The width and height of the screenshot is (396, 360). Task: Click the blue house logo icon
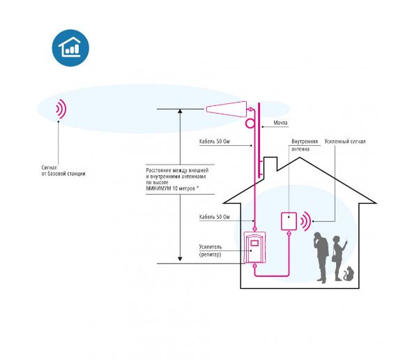pos(70,48)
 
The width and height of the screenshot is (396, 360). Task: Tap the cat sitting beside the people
pos(349,273)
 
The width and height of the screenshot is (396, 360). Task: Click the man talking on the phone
pos(321,257)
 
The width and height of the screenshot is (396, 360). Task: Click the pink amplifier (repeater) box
pos(254,247)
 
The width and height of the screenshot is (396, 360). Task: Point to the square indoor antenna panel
pos(289,221)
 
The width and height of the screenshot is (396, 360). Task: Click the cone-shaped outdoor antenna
pos(227,110)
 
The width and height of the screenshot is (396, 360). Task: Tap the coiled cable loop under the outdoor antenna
pos(250,123)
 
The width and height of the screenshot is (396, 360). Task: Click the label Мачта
pos(280,123)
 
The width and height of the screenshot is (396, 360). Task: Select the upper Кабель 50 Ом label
pos(215,142)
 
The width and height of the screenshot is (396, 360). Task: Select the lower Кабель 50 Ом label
pos(215,217)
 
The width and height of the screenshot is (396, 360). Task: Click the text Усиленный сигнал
pos(345,142)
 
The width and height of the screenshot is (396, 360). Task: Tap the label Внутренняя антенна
pos(305,145)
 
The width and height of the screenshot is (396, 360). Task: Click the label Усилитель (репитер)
pos(211,250)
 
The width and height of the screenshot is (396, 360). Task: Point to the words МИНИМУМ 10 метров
pos(171,188)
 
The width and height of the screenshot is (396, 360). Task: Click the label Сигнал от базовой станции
pos(63,171)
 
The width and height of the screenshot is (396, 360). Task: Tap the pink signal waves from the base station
pos(61,109)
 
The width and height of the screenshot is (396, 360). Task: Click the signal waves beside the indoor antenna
pos(305,221)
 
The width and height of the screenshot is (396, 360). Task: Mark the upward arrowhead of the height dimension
pos(180,111)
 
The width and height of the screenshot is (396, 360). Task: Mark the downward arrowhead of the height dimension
pos(180,259)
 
